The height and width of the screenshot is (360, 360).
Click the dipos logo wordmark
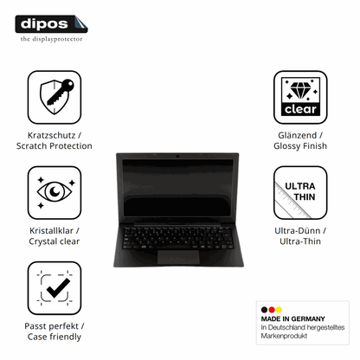[44, 23]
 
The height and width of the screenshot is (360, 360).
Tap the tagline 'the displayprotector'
[51, 39]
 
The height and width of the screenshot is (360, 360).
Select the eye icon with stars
[55, 192]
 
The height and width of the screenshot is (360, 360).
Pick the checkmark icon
[55, 288]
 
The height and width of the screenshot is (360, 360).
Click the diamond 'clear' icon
[300, 97]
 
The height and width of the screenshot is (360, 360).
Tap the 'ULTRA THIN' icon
[300, 192]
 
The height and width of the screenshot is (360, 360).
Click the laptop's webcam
[177, 156]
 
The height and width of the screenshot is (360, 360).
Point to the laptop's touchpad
[178, 257]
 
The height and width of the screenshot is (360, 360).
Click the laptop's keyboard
[178, 238]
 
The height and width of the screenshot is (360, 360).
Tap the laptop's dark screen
[177, 188]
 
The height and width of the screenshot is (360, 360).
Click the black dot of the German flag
[264, 310]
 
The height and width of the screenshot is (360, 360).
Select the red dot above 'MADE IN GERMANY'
[272, 310]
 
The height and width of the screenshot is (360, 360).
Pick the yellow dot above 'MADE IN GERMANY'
[279, 310]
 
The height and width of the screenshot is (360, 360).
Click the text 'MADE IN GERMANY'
[292, 318]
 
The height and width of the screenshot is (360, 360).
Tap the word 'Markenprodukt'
[284, 336]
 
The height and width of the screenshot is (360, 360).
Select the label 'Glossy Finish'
[300, 146]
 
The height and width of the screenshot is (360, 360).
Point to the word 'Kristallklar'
[51, 230]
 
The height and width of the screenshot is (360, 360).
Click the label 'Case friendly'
[55, 337]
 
